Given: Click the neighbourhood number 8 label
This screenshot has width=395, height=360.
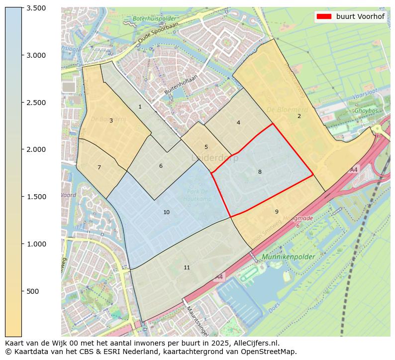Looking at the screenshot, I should pyautogui.click(x=260, y=172).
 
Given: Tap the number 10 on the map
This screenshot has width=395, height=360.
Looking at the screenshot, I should pyautogui.click(x=167, y=213).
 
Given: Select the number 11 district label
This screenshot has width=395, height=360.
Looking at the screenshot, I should pyautogui.click(x=187, y=268).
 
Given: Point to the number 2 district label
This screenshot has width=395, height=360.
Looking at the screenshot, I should pyautogui.click(x=299, y=116).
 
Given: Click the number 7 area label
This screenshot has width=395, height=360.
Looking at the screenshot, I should pyautogui.click(x=99, y=168).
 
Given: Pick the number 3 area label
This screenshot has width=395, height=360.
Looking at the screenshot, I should pyautogui.click(x=111, y=120).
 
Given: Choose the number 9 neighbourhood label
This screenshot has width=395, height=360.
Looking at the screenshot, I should pyautogui.click(x=277, y=212).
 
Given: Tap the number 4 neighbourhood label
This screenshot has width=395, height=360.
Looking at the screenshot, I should pyautogui.click(x=238, y=122).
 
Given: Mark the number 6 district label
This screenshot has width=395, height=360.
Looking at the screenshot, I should pyautogui.click(x=161, y=166).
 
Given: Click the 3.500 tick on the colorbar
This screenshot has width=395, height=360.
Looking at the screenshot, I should pyautogui.click(x=36, y=8).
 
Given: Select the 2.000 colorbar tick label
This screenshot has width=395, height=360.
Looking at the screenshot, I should pyautogui.click(x=36, y=149).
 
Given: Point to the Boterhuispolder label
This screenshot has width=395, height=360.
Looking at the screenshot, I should pyautogui.click(x=152, y=19).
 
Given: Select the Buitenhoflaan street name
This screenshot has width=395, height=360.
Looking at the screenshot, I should pyautogui.click(x=181, y=85).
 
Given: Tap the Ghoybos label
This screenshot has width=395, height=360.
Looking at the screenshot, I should pyautogui.click(x=366, y=111).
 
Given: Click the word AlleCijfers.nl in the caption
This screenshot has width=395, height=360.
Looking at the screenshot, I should pyautogui.click(x=256, y=343).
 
